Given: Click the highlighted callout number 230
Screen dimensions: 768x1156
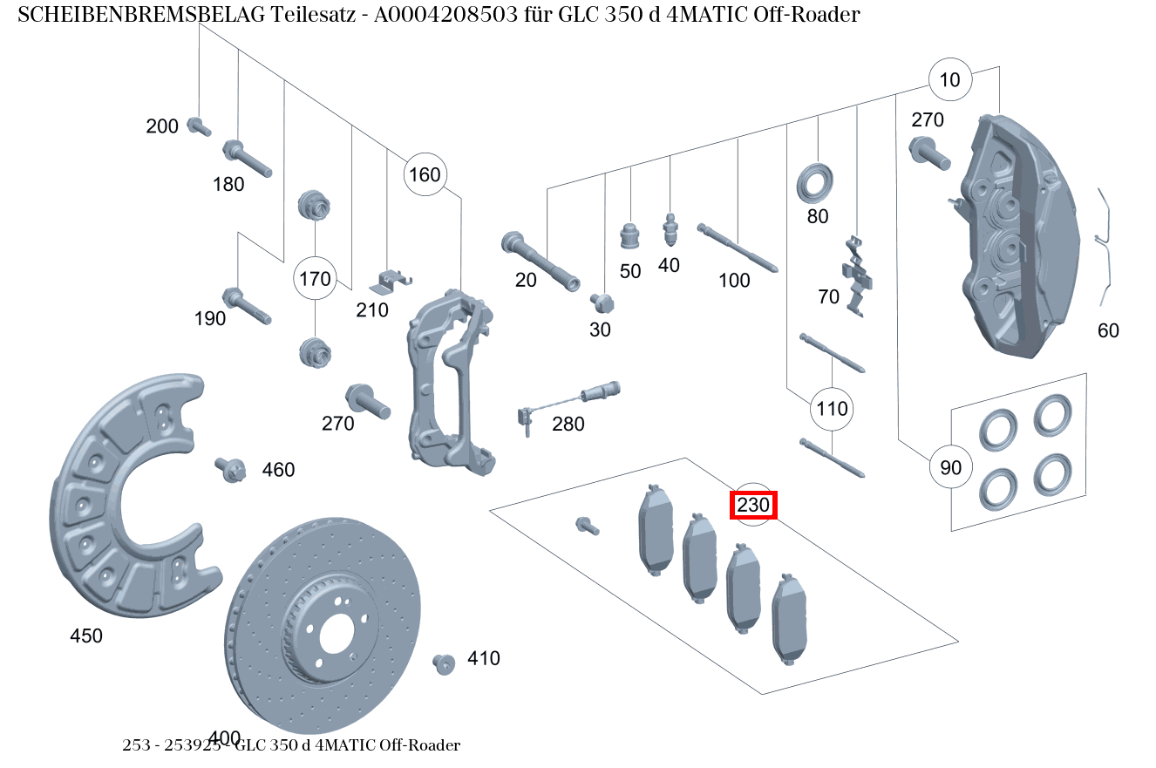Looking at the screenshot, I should click(753, 505).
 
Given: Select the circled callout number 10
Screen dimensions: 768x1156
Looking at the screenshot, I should click(950, 80).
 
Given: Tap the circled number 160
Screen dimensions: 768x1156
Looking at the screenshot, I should click(425, 174).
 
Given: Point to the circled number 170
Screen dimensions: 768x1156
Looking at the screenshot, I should click(315, 279).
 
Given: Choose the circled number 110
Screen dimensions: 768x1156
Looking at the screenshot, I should click(832, 408).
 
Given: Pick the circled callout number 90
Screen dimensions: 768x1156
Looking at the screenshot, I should click(950, 467).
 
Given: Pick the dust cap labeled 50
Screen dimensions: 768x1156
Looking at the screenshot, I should click(629, 236).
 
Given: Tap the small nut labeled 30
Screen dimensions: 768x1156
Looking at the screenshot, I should click(602, 302).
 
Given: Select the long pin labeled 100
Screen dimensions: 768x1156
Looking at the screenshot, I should click(737, 248).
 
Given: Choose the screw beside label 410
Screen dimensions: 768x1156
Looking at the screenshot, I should click(445, 663).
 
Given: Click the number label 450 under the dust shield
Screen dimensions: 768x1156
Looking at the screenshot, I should click(86, 636).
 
